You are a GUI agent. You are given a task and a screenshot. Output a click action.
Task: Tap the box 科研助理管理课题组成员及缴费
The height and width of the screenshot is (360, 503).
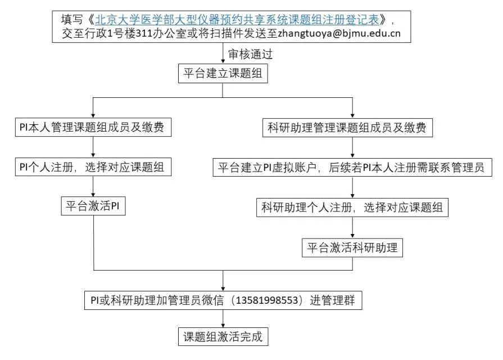point(352,128)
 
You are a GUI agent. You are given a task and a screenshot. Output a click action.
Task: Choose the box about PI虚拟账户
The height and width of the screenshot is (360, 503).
point(352,167)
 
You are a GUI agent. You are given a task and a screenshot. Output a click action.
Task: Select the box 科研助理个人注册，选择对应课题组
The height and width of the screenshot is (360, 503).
point(352,207)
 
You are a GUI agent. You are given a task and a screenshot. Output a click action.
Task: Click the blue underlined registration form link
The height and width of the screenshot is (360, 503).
point(237,19)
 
